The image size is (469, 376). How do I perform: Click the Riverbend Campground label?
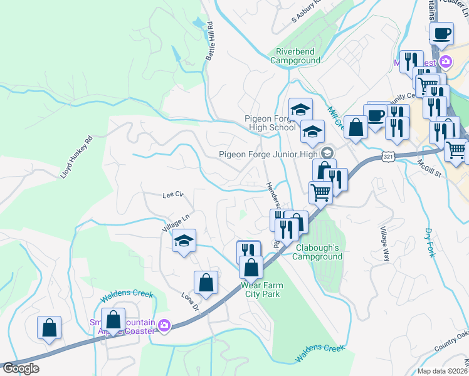pos(295,56)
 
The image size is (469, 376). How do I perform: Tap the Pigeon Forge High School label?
pos(270,123)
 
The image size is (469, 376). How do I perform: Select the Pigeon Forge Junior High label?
pos(269,154)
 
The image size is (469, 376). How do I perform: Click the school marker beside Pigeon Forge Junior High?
pos(327,153)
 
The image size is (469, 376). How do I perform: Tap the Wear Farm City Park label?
pos(261,290)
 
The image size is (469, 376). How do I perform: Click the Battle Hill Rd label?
pos(209,42)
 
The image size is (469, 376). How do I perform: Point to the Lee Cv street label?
pos(172,195)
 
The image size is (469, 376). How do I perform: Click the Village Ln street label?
pos(176,222)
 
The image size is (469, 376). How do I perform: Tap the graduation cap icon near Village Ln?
pos(184,241)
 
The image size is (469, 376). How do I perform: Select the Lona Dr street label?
pos(189,303)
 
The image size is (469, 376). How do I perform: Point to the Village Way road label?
pos(384,244)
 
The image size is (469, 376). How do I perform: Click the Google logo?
pos(20,368)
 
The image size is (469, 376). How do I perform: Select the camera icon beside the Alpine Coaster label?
pos(164,325)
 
